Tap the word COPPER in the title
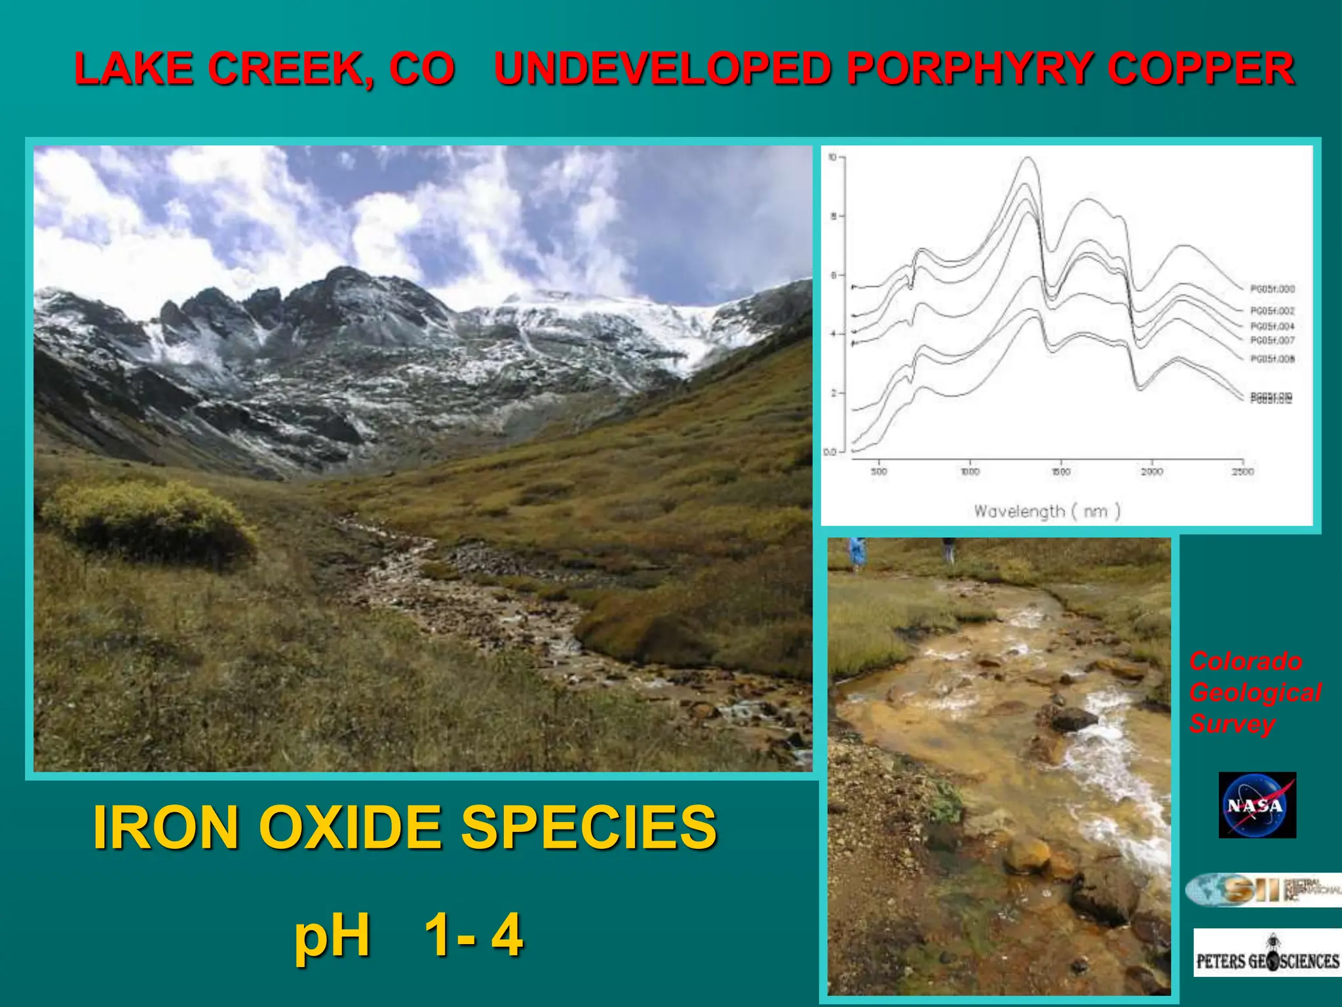1201,69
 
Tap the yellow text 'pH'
332,936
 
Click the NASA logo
1257,805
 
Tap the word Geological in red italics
1255,692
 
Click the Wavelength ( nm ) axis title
1046,511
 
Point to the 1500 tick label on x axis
1061,471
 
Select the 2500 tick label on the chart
1242,471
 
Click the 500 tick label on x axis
879,471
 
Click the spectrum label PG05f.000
1272,289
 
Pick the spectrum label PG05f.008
1272,359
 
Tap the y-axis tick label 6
834,275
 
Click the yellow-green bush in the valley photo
151,518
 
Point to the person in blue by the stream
856,552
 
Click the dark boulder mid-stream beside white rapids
1075,719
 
